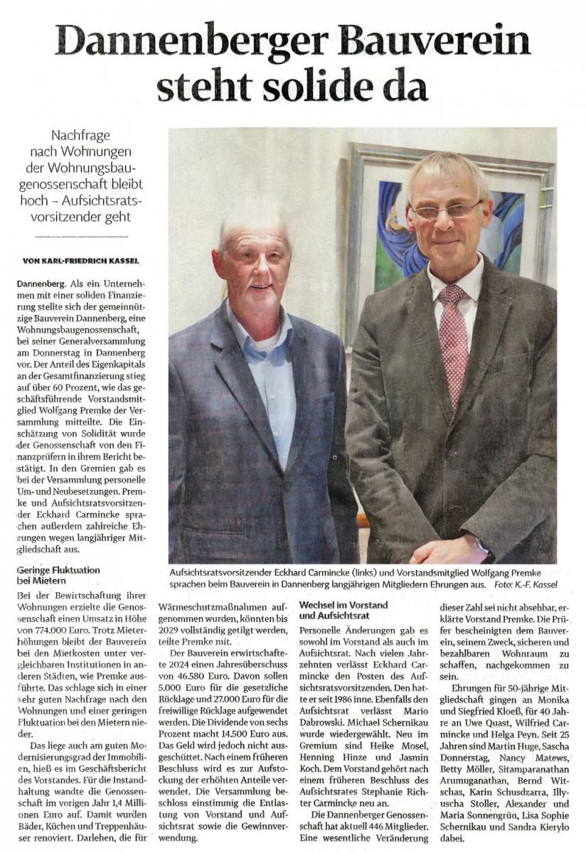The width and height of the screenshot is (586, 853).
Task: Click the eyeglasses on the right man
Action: [x=446, y=211]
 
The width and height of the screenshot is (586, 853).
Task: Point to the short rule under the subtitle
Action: [x=80, y=236]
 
